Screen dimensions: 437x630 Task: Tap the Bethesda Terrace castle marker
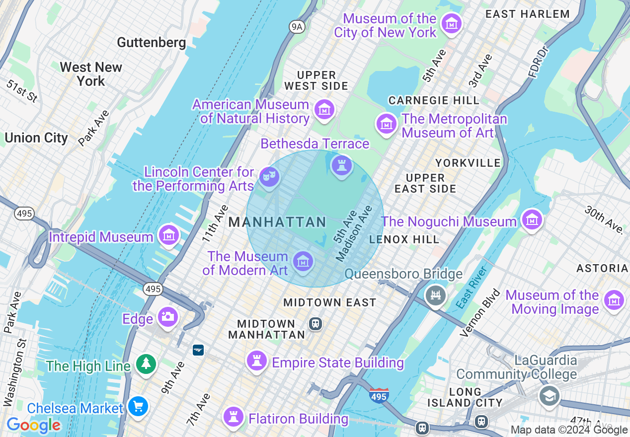341,165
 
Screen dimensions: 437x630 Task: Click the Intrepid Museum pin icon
168,235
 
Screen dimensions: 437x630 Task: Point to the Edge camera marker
167,317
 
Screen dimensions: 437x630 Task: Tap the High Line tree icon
146,364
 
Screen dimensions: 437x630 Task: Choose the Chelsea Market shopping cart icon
138,407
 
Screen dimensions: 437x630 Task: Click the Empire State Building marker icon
256,361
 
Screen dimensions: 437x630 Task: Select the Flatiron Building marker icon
233,417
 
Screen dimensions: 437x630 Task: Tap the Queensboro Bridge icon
436,295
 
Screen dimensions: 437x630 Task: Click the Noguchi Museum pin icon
532,219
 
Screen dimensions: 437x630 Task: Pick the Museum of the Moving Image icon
614,300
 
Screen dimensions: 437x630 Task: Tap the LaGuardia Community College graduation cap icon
549,396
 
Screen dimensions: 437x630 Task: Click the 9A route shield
297,26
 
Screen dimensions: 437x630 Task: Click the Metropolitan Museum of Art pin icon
387,124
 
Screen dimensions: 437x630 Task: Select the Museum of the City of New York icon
452,23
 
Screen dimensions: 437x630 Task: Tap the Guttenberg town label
152,43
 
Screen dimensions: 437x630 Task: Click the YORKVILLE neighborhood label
468,163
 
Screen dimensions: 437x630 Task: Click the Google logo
33,425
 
